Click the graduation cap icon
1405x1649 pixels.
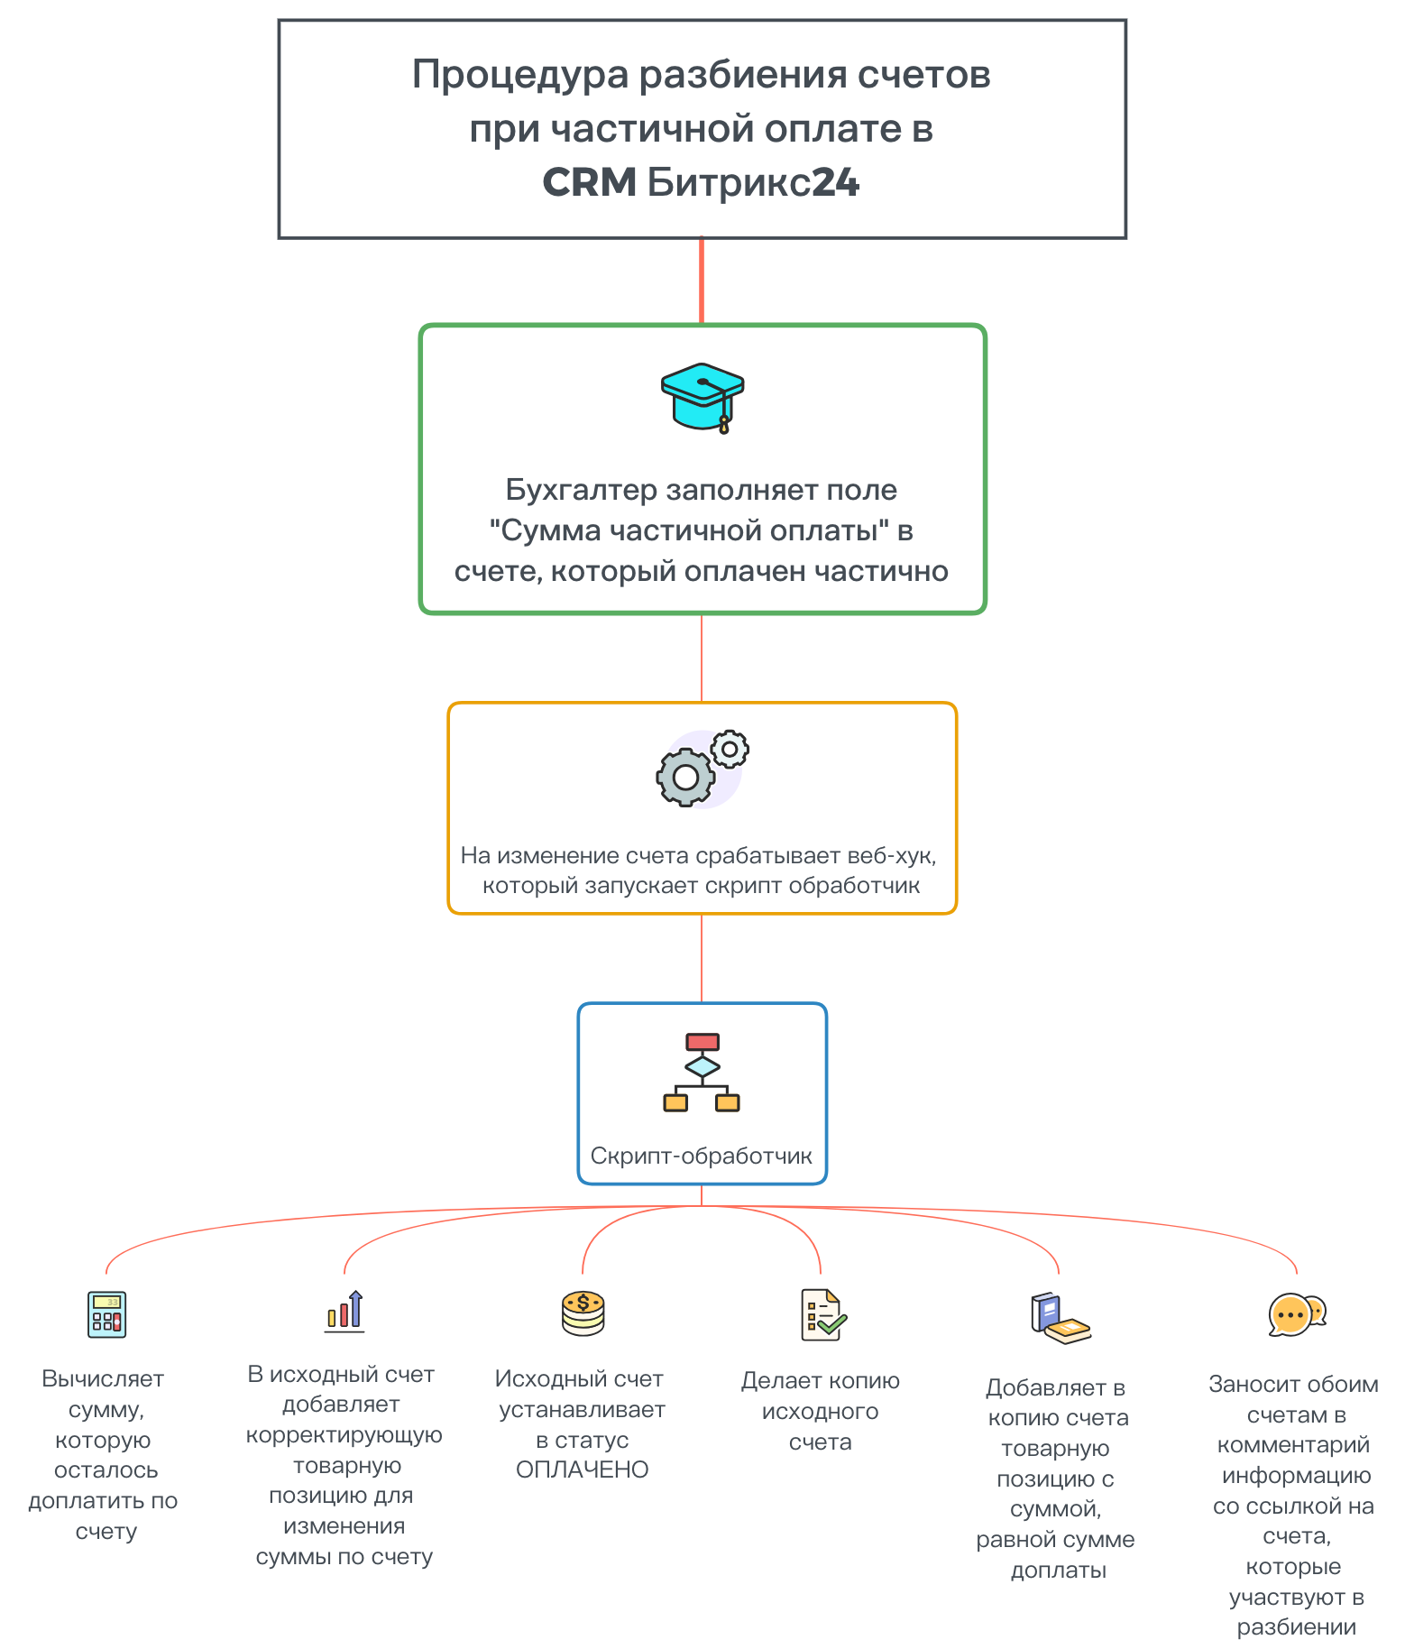[702, 397]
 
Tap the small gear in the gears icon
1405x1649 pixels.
[730, 749]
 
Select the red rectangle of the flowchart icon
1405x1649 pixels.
[702, 1042]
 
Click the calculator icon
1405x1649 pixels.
[106, 1313]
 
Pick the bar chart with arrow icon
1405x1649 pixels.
[344, 1312]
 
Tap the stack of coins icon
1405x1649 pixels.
[583, 1313]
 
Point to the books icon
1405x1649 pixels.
[1059, 1318]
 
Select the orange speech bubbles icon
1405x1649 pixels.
[1297, 1315]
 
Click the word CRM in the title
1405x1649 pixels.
[590, 183]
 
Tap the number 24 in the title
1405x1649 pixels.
[836, 183]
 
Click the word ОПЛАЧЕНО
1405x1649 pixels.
[583, 1469]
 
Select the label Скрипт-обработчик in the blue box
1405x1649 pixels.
[702, 1156]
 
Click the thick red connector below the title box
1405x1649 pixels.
[702, 281]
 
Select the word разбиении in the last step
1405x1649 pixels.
[1297, 1627]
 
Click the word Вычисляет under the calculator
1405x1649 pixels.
[103, 1378]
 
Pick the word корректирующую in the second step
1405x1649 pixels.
[344, 1434]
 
